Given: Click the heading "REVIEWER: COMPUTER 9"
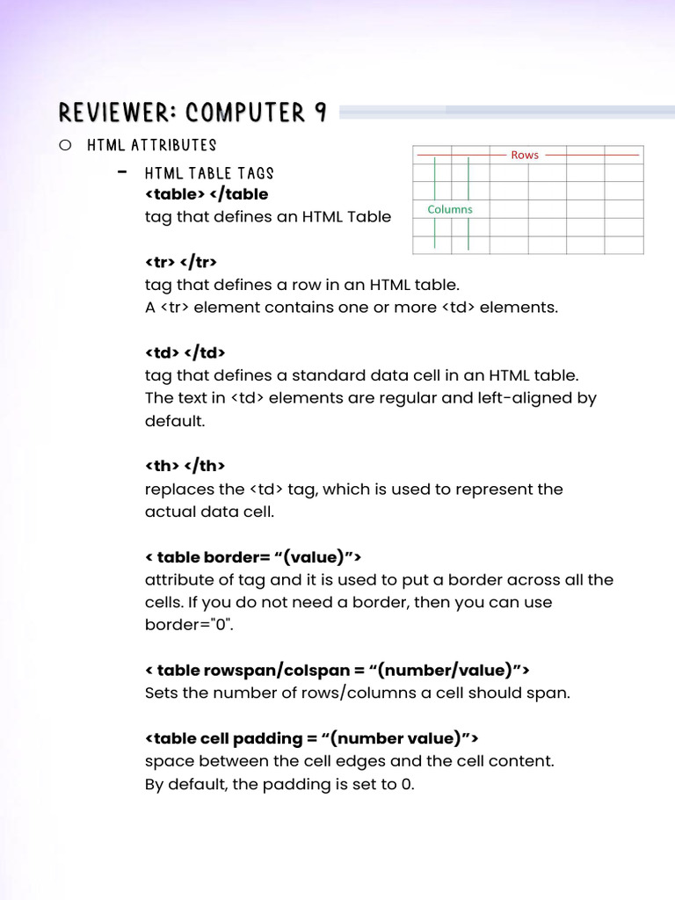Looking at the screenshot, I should pos(192,112).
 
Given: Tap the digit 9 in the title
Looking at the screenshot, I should pos(320,112).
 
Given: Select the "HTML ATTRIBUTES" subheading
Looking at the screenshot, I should pos(151,145).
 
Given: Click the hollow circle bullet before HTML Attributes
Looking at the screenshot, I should pos(65,145).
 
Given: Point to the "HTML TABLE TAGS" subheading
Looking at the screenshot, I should pos(209,173).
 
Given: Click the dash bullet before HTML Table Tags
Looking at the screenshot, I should pos(122,171).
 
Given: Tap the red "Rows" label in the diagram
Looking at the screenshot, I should pos(525,155).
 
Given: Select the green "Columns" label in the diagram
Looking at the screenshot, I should pos(450,209).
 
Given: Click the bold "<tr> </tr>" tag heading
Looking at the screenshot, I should pos(180,262).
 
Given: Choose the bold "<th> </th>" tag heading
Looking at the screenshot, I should pos(185,466).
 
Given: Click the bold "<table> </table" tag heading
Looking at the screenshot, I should pos(207,193).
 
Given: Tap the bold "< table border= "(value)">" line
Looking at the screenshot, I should pos(253,557).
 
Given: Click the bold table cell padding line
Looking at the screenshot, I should pos(311,738).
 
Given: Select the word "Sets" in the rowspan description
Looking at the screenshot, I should pos(161,693).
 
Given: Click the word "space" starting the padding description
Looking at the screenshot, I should pos(165,761).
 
